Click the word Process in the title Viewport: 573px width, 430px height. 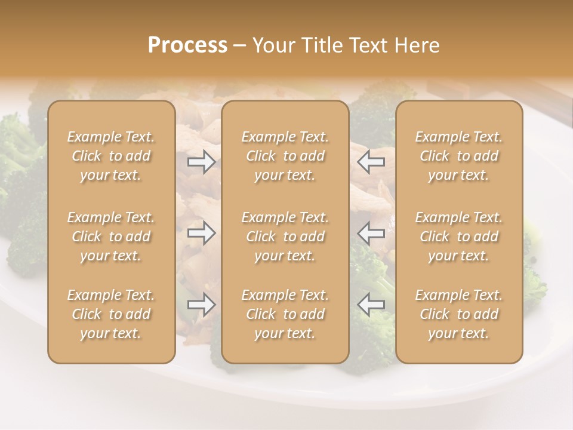187,45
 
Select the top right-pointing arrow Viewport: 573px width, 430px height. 202,161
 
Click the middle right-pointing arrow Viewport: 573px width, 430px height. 202,233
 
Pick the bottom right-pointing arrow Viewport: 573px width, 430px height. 202,305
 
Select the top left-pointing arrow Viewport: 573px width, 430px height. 371,161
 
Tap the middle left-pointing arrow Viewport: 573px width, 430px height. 371,233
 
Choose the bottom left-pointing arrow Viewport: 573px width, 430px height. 371,305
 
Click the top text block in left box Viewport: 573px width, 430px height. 111,156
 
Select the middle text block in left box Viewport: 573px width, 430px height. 111,236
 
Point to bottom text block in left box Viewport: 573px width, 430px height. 111,314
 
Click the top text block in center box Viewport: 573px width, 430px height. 285,156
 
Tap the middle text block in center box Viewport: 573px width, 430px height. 285,236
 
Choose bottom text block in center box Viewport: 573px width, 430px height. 285,314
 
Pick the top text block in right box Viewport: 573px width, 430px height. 459,156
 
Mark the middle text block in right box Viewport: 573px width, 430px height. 459,236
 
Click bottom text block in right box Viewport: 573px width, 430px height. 459,314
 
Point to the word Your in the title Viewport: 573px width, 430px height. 273,45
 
